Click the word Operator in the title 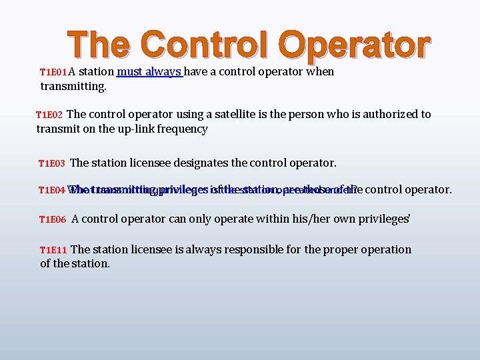point(355,45)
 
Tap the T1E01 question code point(53,72)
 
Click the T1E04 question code point(51,190)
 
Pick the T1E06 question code point(53,219)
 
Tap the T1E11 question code point(53,250)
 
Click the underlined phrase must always point(150,71)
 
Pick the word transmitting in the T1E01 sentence point(73,86)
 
